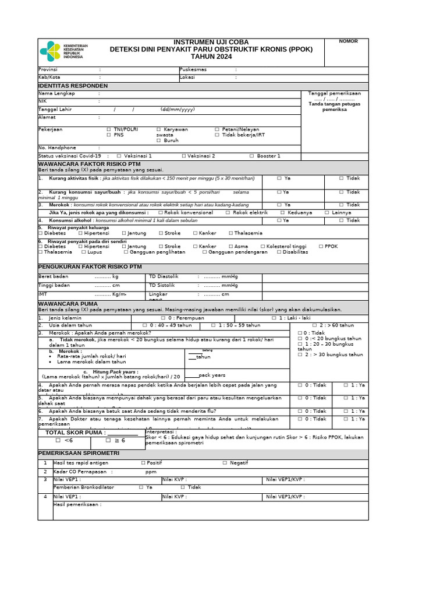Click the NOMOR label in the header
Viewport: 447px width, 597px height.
pyautogui.click(x=349, y=41)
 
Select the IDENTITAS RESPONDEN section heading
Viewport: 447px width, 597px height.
pyautogui.click(x=73, y=86)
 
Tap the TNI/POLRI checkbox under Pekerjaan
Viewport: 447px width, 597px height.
pyautogui.click(x=109, y=129)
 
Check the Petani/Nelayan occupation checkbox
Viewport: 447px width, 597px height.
pyautogui.click(x=217, y=129)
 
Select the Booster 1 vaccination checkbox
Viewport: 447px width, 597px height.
pyautogui.click(x=252, y=156)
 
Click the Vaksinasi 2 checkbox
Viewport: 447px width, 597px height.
pyautogui.click(x=184, y=156)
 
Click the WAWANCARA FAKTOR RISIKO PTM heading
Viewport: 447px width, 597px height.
pyautogui.click(x=90, y=164)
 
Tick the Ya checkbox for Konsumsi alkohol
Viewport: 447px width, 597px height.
pyautogui.click(x=279, y=220)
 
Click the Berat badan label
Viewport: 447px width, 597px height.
pyautogui.click(x=53, y=276)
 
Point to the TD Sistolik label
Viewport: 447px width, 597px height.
pyautogui.click(x=162, y=285)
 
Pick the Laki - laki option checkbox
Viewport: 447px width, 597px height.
pyautogui.click(x=274, y=318)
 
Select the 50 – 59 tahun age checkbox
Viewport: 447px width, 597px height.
pyautogui.click(x=213, y=325)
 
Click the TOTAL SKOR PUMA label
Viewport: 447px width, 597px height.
pyautogui.click(x=76, y=433)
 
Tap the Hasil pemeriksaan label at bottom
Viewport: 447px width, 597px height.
pyautogui.click(x=77, y=504)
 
